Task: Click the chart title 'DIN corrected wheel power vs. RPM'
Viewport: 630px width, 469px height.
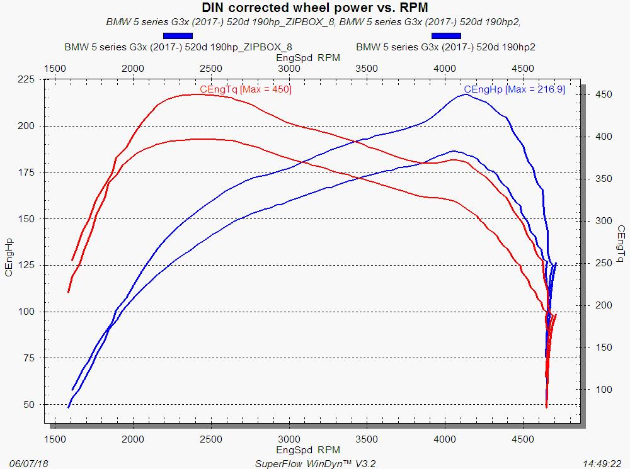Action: click(x=314, y=8)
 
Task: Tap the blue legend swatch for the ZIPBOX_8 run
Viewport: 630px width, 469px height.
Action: click(x=178, y=36)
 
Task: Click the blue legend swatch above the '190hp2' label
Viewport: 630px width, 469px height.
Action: click(x=446, y=36)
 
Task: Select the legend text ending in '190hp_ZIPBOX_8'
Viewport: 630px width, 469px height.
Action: click(x=178, y=47)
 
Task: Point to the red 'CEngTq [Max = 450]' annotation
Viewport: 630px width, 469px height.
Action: click(x=245, y=90)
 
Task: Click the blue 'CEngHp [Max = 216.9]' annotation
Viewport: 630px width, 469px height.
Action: click(x=514, y=90)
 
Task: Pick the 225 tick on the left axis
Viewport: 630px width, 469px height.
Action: click(x=26, y=79)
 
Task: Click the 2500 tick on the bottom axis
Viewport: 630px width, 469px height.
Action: click(x=211, y=439)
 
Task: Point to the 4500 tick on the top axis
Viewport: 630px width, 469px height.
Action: click(x=523, y=68)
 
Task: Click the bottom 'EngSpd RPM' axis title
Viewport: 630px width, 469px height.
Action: click(x=308, y=450)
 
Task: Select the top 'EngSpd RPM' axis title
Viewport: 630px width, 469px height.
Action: click(x=308, y=57)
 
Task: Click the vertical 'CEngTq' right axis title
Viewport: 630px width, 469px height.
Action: click(x=621, y=242)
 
